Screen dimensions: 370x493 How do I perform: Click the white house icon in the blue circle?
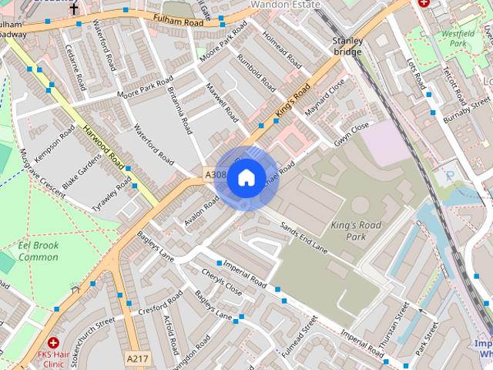pos(246,178)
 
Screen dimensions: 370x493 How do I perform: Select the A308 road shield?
pos(215,176)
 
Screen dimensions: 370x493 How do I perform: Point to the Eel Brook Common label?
pos(39,251)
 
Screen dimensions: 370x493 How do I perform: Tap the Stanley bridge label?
pos(347,45)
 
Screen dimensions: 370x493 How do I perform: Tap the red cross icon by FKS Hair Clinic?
pos(53,342)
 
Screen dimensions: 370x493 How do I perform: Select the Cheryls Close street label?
pos(221,283)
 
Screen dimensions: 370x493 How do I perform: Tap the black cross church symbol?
pos(74,9)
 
